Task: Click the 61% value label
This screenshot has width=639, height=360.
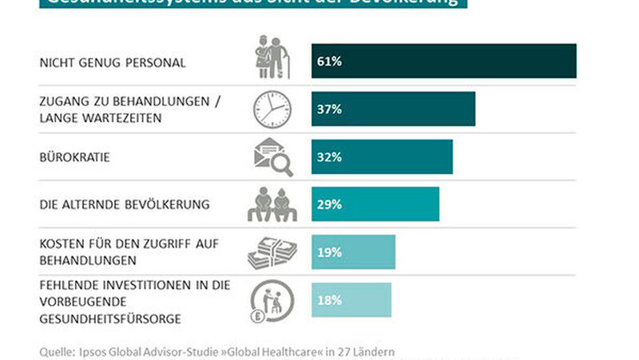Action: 329,61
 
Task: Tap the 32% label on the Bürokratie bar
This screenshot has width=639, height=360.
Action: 329,157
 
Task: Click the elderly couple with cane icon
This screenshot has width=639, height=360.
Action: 272,58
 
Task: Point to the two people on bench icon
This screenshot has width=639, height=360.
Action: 272,205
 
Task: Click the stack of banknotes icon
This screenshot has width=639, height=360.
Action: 272,252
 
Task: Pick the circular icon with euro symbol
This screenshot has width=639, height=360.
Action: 272,301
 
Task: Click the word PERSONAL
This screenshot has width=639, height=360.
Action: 161,61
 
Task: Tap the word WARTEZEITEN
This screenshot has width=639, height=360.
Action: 125,118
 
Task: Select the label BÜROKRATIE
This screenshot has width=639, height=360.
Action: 74,157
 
